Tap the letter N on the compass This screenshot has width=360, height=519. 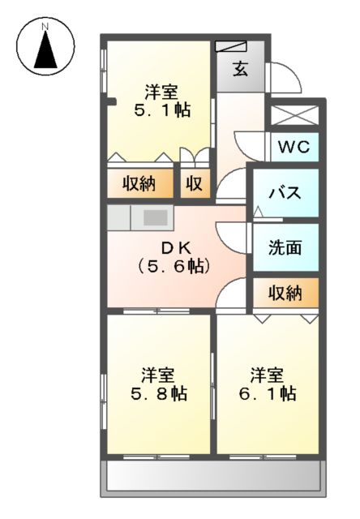(x=46, y=26)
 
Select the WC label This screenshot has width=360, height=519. (x=294, y=147)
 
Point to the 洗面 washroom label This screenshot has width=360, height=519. (x=285, y=247)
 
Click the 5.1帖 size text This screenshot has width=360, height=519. (x=162, y=109)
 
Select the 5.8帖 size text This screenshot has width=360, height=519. (x=158, y=394)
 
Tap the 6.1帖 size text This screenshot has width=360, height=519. (x=268, y=394)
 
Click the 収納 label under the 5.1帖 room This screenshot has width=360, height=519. (x=139, y=184)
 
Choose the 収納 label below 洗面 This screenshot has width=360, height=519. (x=285, y=293)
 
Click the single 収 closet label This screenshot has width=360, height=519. (x=195, y=184)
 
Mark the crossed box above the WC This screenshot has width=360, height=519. (x=294, y=113)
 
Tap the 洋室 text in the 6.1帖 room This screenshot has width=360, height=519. (x=267, y=375)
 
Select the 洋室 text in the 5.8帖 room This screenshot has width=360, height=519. (x=158, y=375)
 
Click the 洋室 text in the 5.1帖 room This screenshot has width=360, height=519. (x=162, y=91)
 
